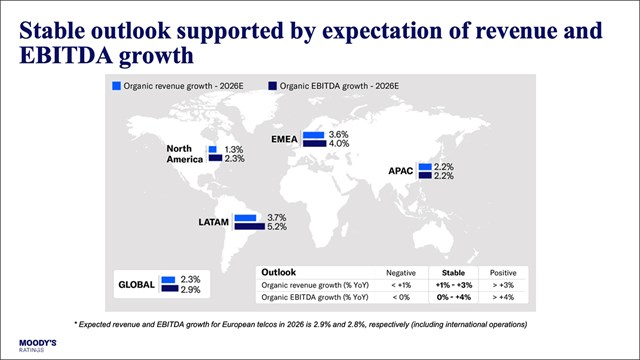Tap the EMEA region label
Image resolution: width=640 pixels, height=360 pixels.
[286, 138]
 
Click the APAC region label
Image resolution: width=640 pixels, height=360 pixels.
[400, 171]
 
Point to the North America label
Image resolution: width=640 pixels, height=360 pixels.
[186, 153]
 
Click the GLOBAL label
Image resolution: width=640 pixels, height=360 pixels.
[136, 284]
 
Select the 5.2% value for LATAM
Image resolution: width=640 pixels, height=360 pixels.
[277, 227]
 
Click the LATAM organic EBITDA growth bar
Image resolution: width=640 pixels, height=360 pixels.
[248, 227]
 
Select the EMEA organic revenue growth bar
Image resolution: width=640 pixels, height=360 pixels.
[314, 134]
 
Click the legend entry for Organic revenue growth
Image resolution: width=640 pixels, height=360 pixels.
[165, 88]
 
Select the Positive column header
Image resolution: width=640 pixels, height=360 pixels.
[496, 272]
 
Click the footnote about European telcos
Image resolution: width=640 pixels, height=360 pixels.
[320, 325]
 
